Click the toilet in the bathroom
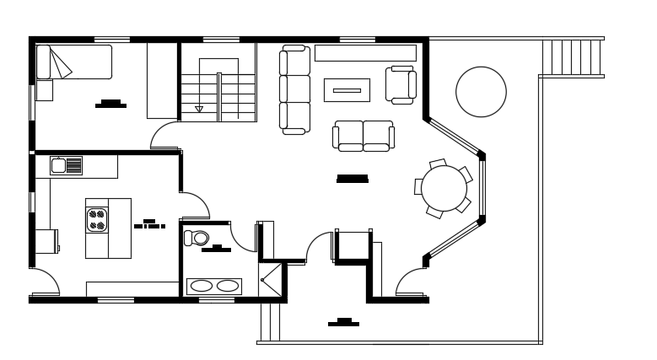point(198,238)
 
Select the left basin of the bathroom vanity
point(201,286)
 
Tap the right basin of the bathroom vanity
point(228,286)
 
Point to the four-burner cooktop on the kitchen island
point(97,220)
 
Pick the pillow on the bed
point(45,62)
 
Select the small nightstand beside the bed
point(44,90)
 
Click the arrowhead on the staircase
point(199,108)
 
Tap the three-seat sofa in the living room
point(295,89)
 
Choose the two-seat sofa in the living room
point(364,135)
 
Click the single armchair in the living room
point(401,84)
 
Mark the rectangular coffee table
point(347,89)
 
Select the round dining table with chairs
point(443,188)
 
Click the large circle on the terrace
point(481,92)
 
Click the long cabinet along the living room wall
point(365,53)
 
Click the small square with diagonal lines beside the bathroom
point(271,279)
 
